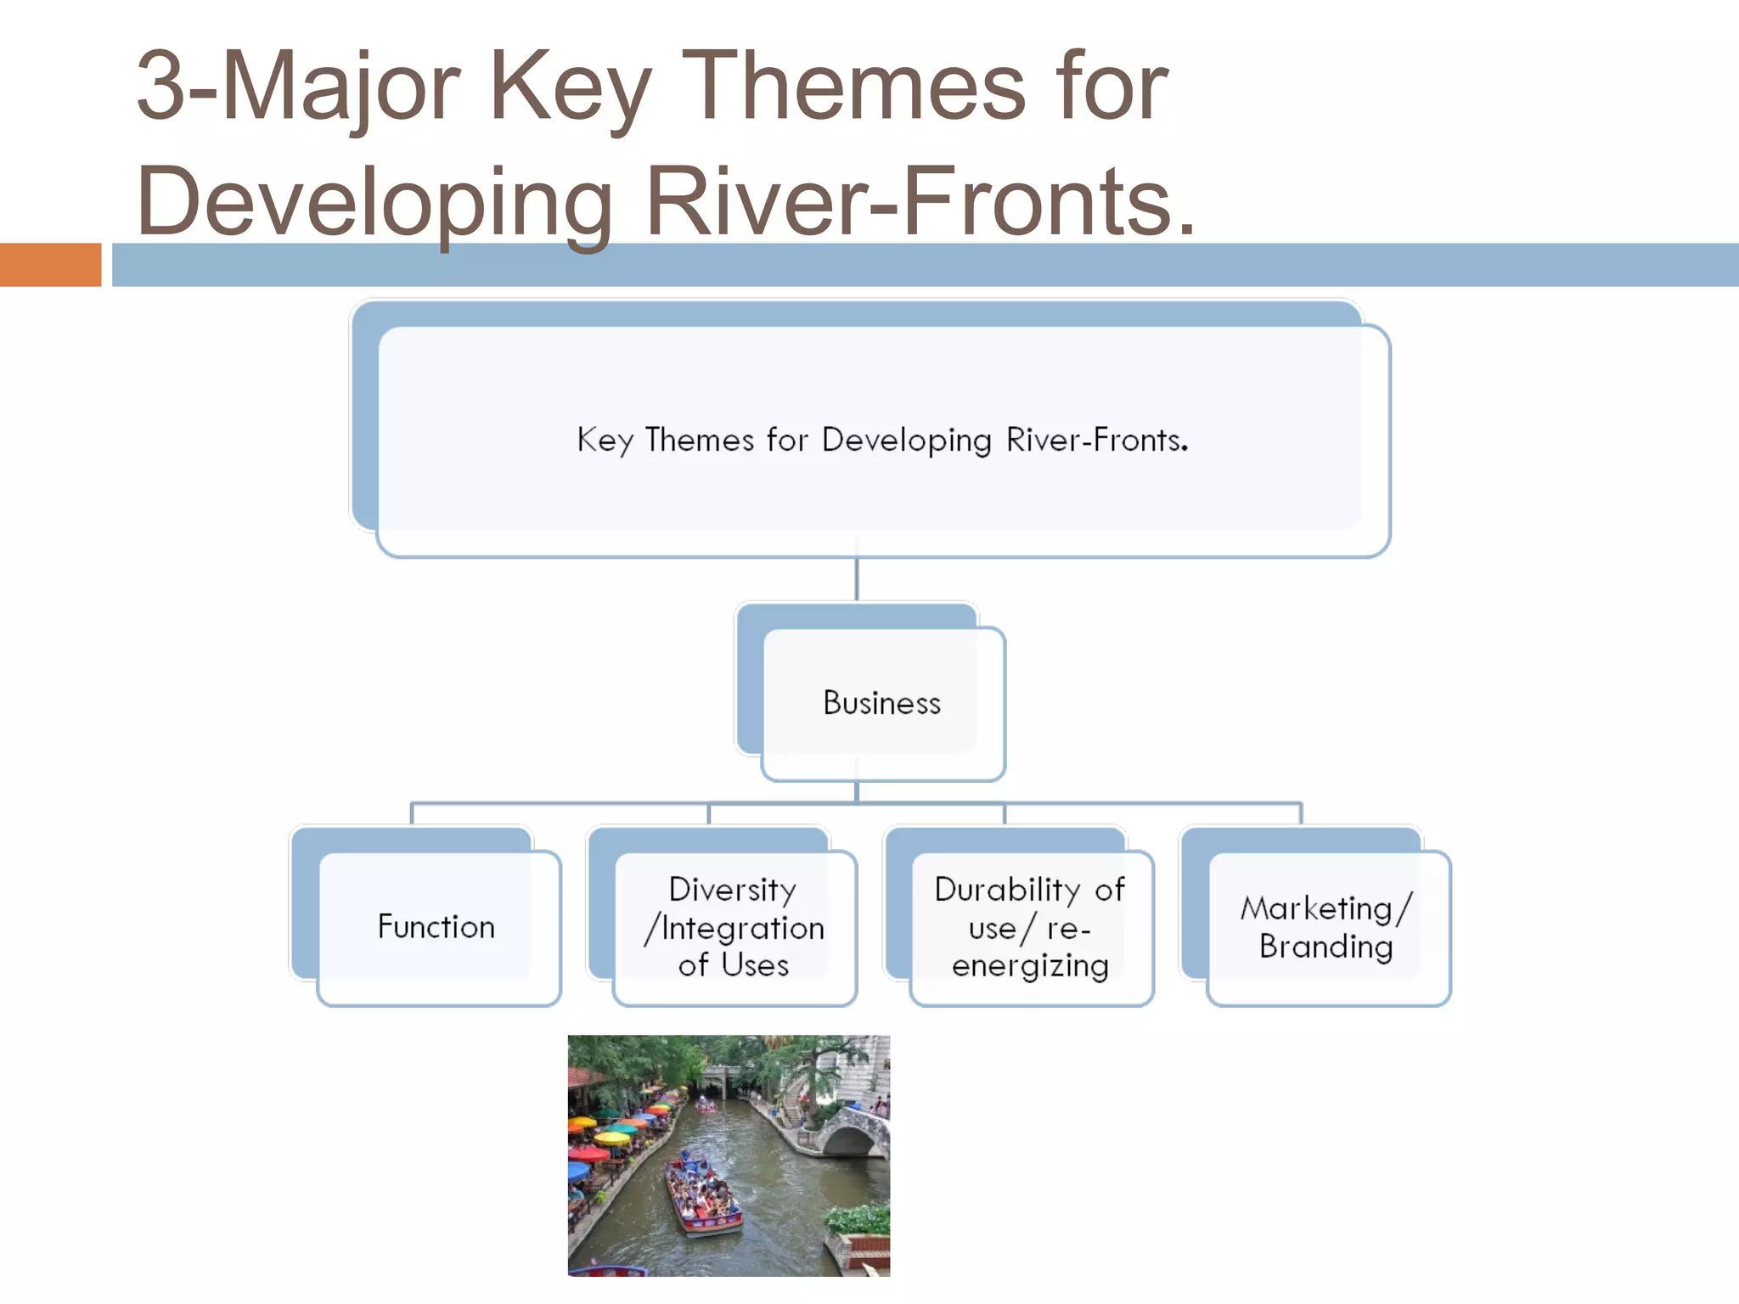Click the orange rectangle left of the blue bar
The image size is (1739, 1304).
(50, 265)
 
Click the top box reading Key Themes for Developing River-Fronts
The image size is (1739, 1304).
(883, 441)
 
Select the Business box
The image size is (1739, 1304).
(883, 703)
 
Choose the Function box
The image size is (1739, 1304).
(436, 927)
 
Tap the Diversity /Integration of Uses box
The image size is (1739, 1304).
(734, 927)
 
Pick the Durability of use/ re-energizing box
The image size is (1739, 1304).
(1030, 927)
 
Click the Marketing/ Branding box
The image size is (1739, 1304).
(1326, 927)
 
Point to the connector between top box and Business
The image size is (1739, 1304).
(856, 579)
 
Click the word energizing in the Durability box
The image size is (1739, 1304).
(1030, 966)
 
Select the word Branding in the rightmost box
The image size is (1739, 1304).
(1325, 947)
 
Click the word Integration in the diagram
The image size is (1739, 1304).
(743, 928)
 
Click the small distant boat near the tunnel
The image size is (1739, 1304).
(706, 1104)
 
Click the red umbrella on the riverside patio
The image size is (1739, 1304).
(588, 1154)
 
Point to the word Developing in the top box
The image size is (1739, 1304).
(906, 441)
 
